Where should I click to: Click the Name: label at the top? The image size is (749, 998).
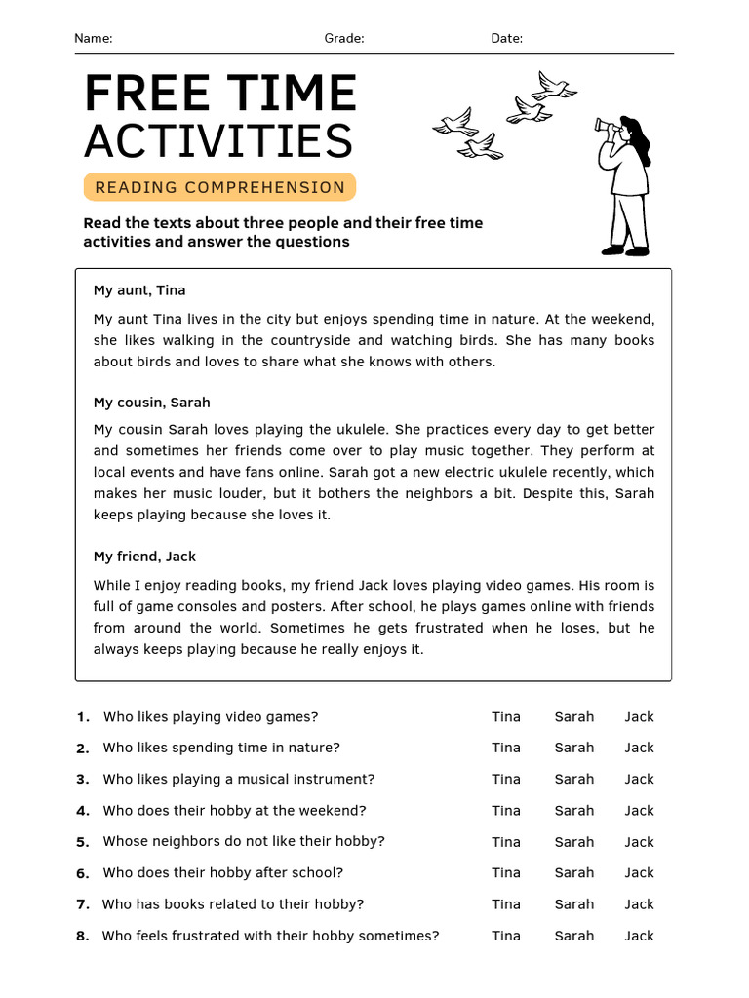coord(94,38)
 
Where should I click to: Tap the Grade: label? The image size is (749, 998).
coord(344,38)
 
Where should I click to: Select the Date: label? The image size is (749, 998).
coord(506,38)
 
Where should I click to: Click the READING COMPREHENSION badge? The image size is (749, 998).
coord(219,187)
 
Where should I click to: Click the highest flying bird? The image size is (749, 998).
coord(554,86)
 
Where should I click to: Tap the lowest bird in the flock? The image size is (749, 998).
coord(481,148)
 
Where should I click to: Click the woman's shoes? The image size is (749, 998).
coord(625,250)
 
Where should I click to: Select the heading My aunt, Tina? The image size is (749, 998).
coord(139,290)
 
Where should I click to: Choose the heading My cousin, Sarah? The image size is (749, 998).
coord(151,403)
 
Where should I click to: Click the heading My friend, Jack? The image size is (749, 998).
coord(144,557)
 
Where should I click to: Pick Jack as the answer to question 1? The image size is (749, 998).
coord(639,716)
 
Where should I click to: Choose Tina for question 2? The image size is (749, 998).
coord(506,748)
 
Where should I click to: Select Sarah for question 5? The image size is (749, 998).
coord(573,841)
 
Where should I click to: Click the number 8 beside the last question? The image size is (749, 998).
coord(82,936)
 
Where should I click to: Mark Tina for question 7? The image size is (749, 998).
coord(506,903)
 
